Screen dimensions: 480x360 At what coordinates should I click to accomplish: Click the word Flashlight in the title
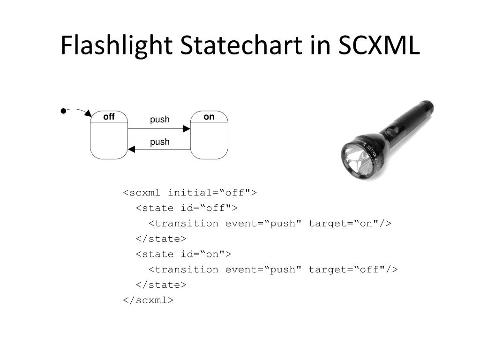tap(117, 46)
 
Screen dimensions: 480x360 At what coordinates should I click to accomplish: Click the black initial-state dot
tap(63, 111)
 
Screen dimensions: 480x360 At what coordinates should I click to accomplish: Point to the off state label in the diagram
tap(109, 117)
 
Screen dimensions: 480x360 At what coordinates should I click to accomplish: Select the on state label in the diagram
tap(209, 117)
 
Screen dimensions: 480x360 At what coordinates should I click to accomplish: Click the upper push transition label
tap(160, 120)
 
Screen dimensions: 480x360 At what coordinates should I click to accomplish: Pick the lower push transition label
tap(160, 142)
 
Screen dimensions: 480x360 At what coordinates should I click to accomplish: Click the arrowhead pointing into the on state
tap(187, 128)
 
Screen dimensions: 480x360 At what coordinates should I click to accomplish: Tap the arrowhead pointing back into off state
tap(131, 149)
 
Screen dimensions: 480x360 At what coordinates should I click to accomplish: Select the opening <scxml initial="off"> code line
tap(190, 193)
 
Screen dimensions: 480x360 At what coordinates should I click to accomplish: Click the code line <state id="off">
tap(187, 208)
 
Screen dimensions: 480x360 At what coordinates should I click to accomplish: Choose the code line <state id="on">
tap(183, 254)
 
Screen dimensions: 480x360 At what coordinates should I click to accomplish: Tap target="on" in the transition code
tap(350, 224)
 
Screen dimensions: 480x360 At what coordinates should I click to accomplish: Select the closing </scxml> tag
tap(148, 300)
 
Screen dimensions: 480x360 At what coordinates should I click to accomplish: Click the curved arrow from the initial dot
tap(78, 111)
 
